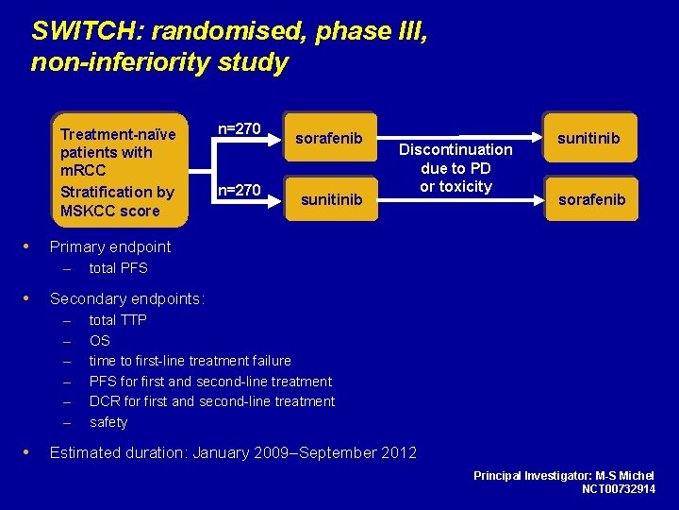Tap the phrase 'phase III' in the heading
(370, 31)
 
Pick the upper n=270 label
(240, 128)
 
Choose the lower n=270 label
(240, 191)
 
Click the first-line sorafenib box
(329, 139)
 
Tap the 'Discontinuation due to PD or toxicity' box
(455, 168)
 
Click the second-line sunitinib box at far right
(588, 139)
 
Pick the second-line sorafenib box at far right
(590, 199)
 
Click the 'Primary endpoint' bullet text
(110, 246)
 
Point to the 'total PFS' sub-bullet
(118, 268)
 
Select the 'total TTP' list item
(118, 320)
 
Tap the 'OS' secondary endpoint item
(99, 340)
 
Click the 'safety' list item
(108, 422)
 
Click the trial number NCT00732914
(618, 489)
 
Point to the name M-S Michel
(624, 475)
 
